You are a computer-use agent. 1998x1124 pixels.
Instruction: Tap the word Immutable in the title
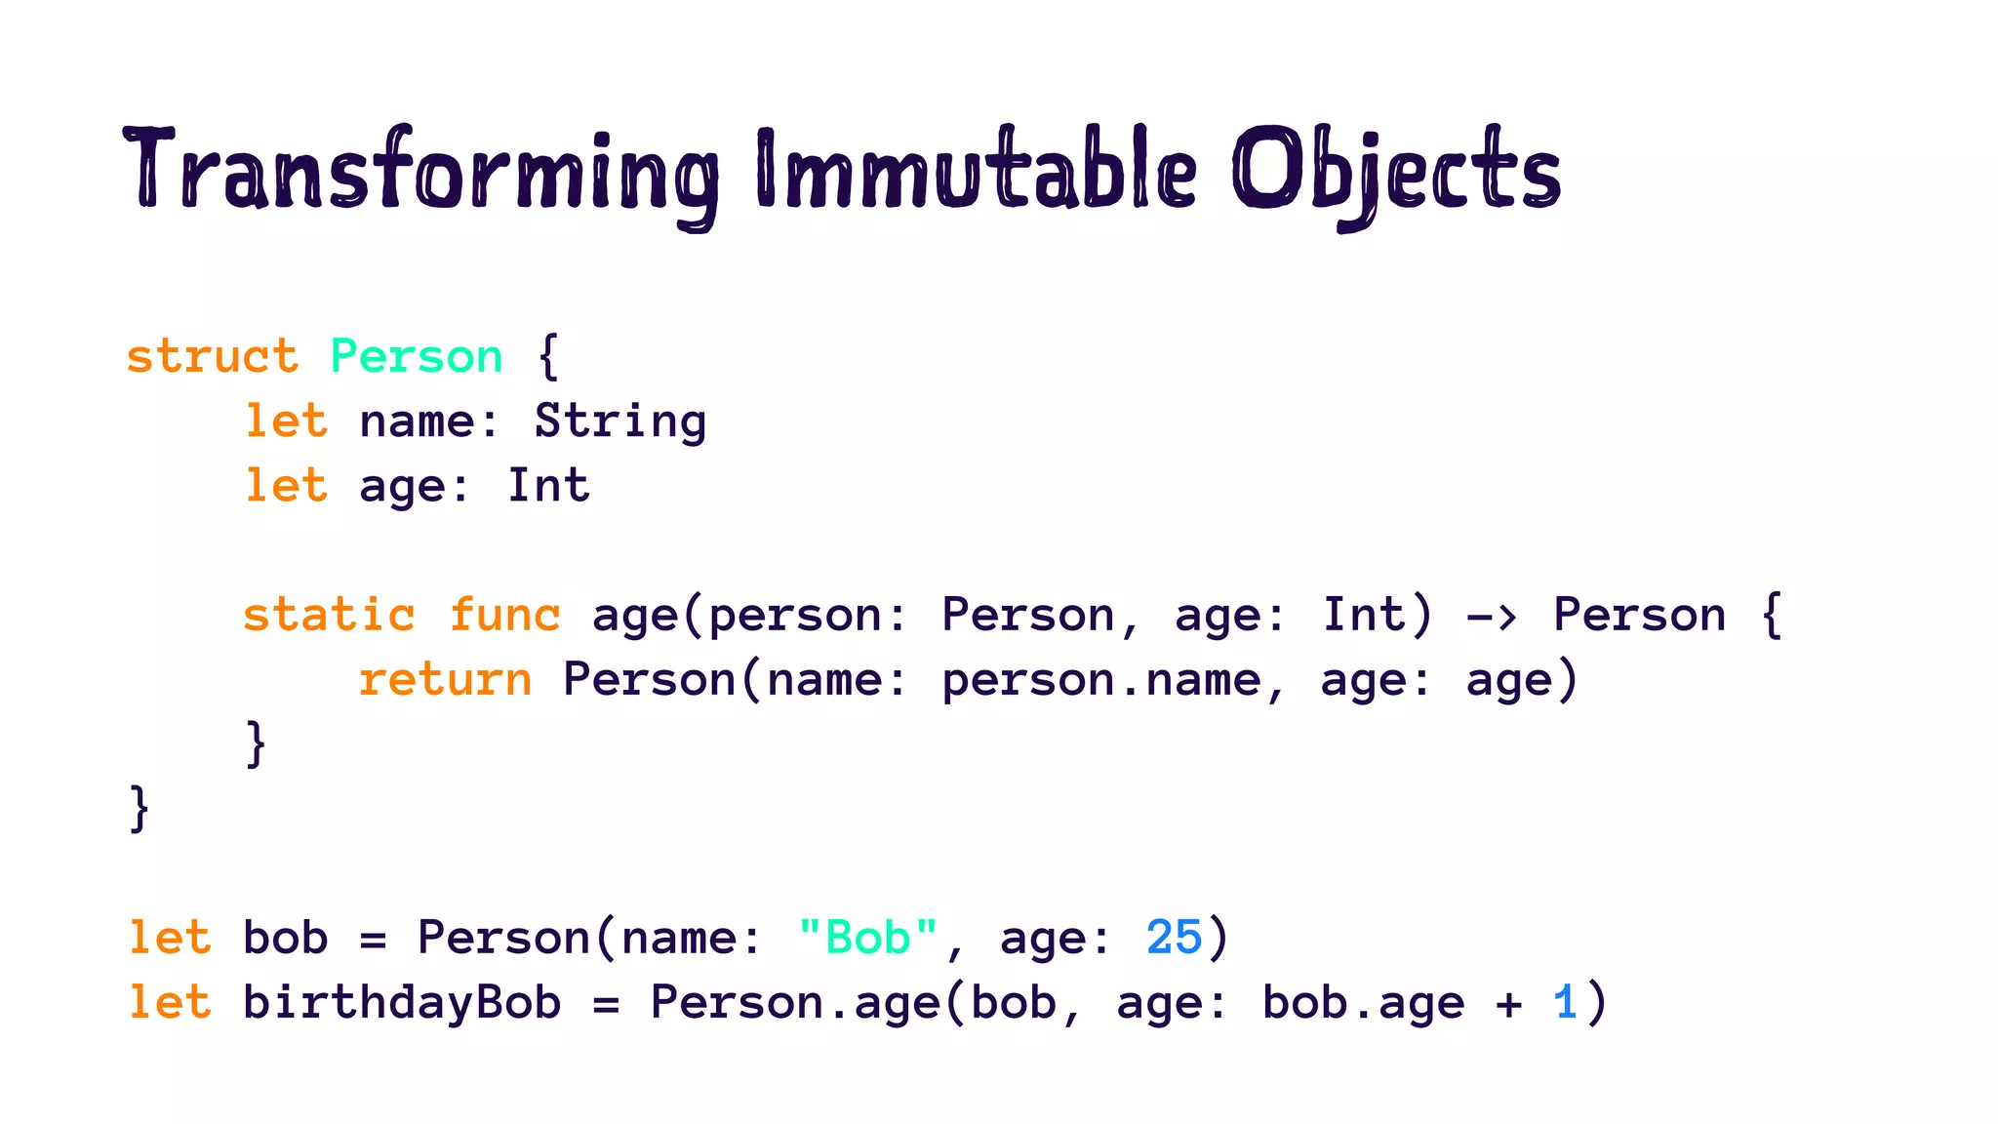tap(976, 171)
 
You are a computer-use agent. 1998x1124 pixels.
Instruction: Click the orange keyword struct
tap(212, 356)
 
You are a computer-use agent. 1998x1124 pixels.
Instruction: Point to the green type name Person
tap(417, 356)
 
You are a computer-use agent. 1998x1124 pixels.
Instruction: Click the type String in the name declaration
tap(619, 421)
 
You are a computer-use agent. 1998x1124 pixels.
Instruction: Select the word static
tap(329, 615)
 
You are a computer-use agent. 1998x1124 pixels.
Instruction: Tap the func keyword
tap(504, 615)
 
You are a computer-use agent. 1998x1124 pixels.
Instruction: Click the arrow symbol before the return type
tap(1492, 617)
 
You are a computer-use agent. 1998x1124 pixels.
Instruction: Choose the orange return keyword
tap(445, 679)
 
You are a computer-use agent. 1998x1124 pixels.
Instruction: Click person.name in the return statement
tap(1101, 680)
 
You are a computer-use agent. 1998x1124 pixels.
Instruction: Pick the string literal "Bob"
tap(867, 938)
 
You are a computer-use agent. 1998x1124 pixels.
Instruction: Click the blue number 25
tap(1174, 938)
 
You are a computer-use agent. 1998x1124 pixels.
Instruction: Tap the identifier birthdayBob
tap(402, 1002)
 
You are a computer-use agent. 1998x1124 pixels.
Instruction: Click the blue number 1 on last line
tap(1565, 1002)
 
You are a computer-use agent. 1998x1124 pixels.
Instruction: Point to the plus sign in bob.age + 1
tap(1508, 1004)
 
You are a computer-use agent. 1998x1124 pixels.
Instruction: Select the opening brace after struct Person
tap(548, 356)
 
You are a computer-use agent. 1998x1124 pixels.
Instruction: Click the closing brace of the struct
tap(140, 809)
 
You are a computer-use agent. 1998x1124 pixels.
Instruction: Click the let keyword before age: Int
tap(285, 486)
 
